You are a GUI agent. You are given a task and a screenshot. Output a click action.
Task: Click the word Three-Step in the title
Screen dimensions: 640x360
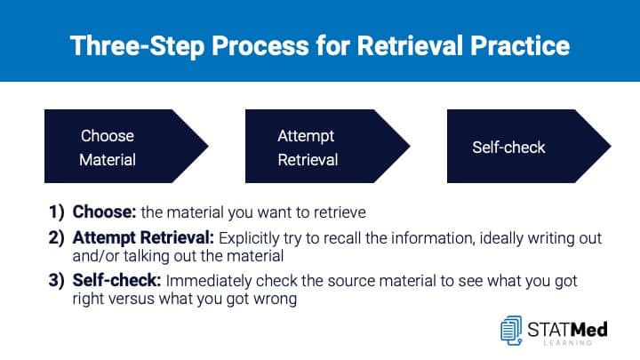pyautogui.click(x=138, y=45)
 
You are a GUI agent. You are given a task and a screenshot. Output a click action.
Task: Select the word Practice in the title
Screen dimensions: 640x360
pyautogui.click(x=520, y=45)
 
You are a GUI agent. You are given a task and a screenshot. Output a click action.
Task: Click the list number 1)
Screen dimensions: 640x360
pyautogui.click(x=57, y=212)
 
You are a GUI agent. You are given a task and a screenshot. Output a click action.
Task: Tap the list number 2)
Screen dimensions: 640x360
pyautogui.click(x=57, y=238)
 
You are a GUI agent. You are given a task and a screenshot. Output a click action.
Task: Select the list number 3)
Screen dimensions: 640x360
pyautogui.click(x=57, y=280)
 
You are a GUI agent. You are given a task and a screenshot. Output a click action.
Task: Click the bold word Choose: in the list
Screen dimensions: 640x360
pyautogui.click(x=104, y=212)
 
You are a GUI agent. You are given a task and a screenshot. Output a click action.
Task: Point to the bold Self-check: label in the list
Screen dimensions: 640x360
pyautogui.click(x=116, y=280)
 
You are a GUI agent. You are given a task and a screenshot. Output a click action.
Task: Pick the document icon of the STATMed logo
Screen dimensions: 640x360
pyautogui.click(x=511, y=330)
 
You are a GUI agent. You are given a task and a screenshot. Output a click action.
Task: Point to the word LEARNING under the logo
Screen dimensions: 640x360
pyautogui.click(x=568, y=343)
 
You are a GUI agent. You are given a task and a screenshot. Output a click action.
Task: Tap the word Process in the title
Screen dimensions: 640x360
pyautogui.click(x=260, y=45)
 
